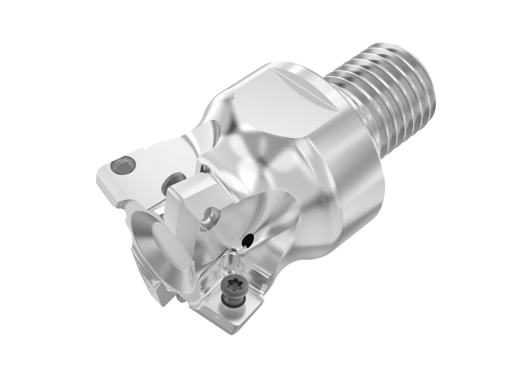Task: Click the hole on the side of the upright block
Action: pyautogui.click(x=210, y=217)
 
